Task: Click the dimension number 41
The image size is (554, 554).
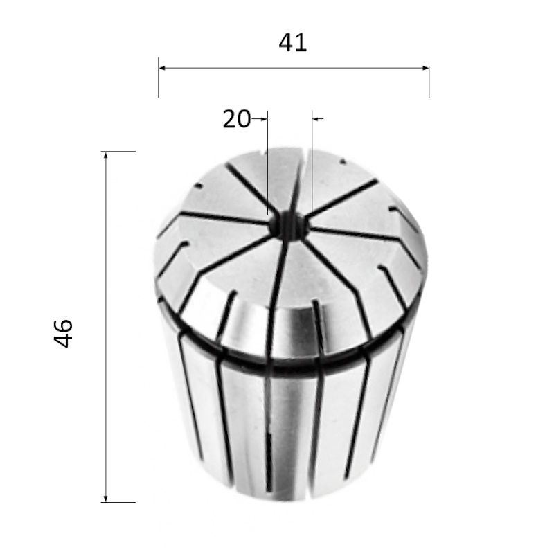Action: (292, 43)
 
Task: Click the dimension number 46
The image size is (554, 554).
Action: (63, 334)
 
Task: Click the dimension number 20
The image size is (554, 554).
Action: (236, 119)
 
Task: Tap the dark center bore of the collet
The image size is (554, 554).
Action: (288, 226)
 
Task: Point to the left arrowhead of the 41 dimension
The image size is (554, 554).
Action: (162, 68)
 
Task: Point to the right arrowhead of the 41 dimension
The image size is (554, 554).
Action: (426, 68)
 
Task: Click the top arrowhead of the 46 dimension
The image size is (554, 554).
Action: (106, 155)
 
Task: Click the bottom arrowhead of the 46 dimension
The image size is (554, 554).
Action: (106, 498)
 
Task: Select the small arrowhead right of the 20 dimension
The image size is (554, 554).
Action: (316, 119)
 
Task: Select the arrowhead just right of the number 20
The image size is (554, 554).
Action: (265, 119)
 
